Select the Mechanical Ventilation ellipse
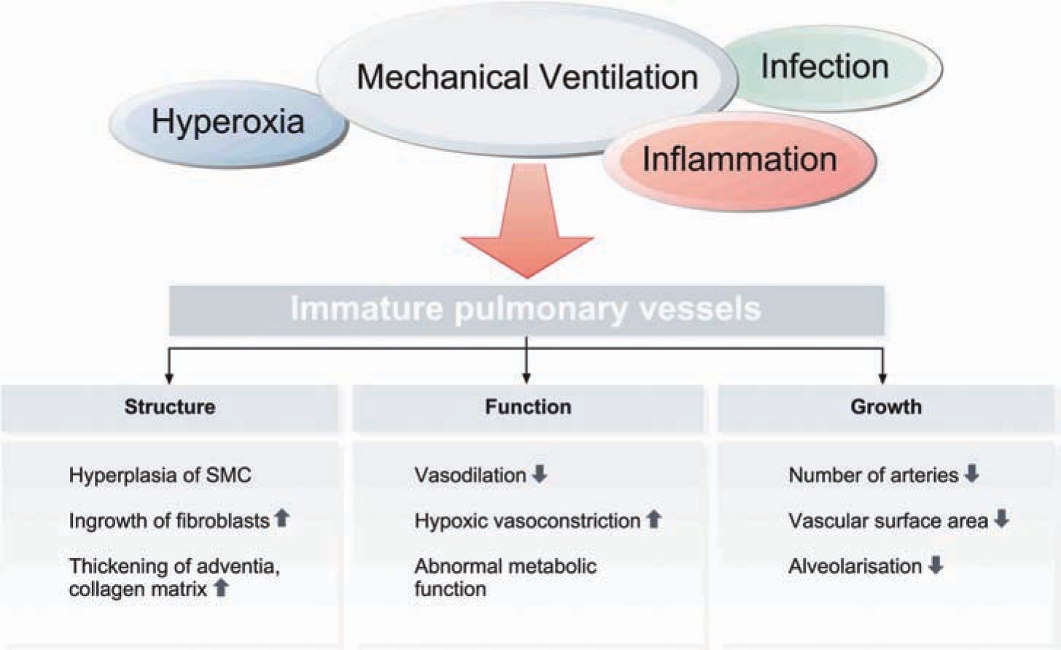(526, 77)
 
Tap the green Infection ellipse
(831, 67)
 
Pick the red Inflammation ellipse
(739, 160)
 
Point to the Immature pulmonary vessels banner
(526, 309)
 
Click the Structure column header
(170, 407)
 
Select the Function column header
(528, 407)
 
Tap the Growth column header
(885, 407)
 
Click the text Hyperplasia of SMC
(160, 476)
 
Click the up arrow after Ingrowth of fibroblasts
(281, 519)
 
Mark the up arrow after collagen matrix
(220, 587)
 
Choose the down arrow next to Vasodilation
(540, 474)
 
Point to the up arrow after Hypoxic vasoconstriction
(654, 519)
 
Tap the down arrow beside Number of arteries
(971, 474)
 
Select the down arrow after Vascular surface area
(1001, 519)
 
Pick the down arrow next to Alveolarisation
(936, 565)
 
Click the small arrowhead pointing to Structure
(169, 379)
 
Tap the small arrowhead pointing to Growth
(883, 379)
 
